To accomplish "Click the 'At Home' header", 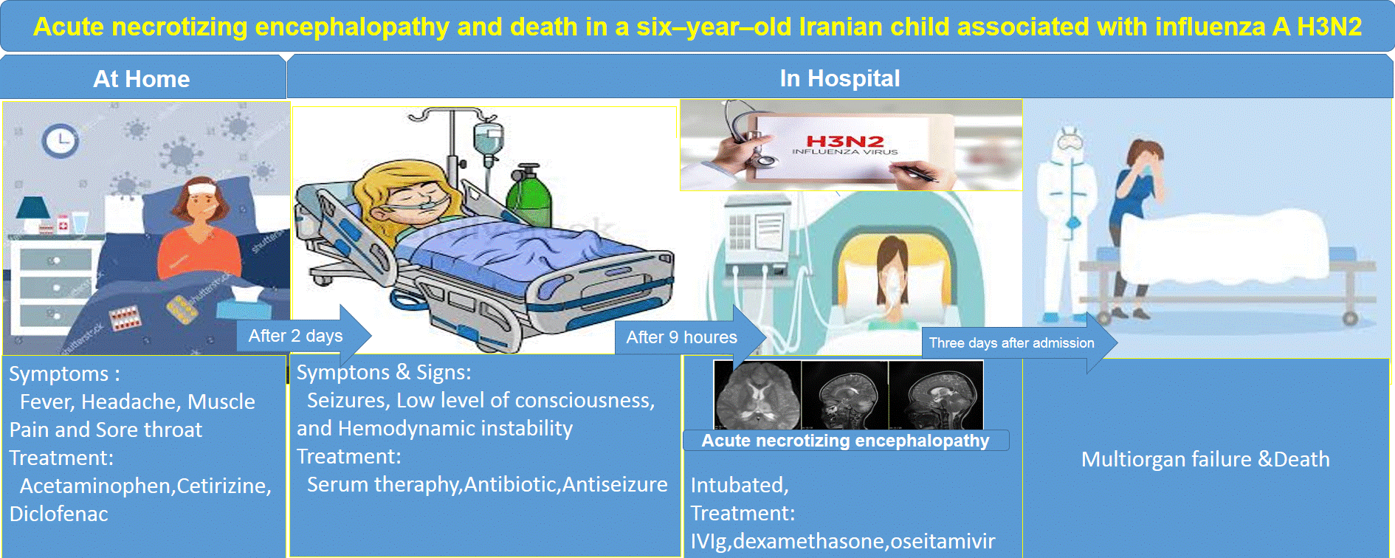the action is (142, 79).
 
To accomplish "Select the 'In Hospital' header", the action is (840, 78).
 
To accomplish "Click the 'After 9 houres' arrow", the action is (690, 337).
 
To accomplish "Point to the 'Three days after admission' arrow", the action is (1019, 342).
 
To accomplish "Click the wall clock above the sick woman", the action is (61, 140).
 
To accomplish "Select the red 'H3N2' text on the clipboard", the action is (845, 140).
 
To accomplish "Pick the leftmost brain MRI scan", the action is (758, 395).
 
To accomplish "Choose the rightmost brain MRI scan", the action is (937, 395).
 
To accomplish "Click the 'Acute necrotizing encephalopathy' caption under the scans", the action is (845, 441).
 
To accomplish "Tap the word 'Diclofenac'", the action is (59, 514).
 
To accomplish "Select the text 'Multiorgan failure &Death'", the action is (1205, 459).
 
